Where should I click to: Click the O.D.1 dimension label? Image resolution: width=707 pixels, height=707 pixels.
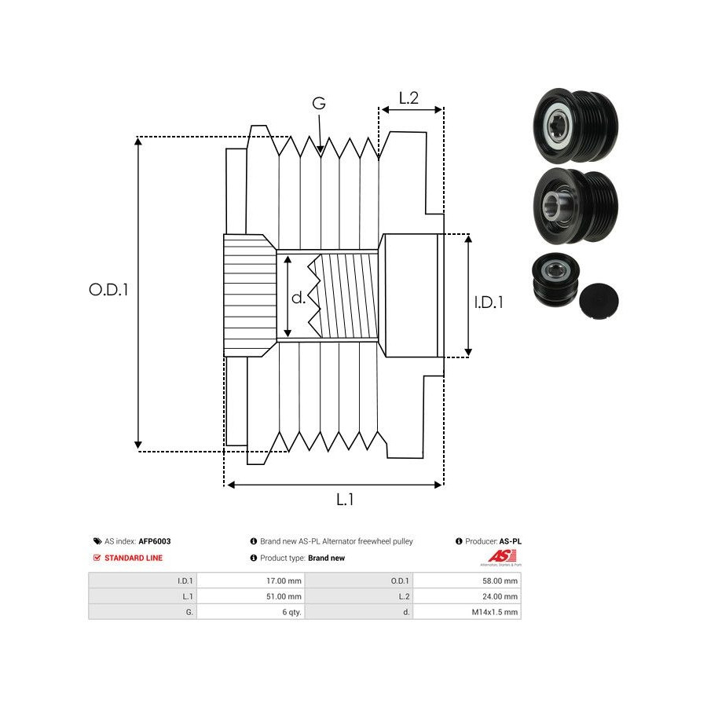coord(108,289)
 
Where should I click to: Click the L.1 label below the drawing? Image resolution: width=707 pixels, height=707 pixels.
coord(345,499)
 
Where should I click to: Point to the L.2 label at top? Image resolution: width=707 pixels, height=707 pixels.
coord(408,98)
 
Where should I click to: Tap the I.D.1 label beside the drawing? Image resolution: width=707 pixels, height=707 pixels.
coord(488,301)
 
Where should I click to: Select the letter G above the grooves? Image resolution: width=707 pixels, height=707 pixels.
coord(318,103)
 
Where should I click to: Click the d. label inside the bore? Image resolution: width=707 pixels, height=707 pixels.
coord(299,298)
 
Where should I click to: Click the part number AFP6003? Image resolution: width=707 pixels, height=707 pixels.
coord(154,541)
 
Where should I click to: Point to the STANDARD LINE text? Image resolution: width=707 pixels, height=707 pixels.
coord(134,558)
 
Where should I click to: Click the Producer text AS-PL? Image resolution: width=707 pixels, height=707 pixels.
coord(511,541)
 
